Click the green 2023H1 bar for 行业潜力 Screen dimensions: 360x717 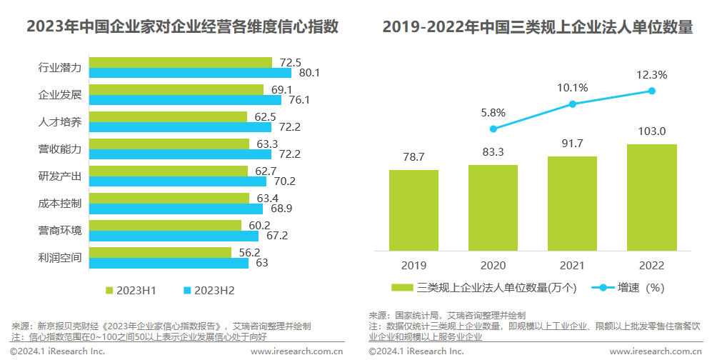click(181, 63)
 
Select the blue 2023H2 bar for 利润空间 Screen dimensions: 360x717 click(169, 263)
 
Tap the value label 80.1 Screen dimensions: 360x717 click(309, 73)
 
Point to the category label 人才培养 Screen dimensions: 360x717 click(60, 121)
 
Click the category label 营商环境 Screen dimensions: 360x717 click(60, 230)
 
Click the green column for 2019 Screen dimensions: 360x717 click(413, 210)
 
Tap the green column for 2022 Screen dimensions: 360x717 click(651, 197)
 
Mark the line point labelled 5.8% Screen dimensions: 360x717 click(493, 129)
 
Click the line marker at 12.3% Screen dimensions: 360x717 click(651, 90)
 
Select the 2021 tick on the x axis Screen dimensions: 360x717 click(572, 265)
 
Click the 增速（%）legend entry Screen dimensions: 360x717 click(629, 288)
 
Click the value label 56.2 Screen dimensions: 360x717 click(249, 252)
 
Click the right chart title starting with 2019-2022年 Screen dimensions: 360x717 click(537, 28)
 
